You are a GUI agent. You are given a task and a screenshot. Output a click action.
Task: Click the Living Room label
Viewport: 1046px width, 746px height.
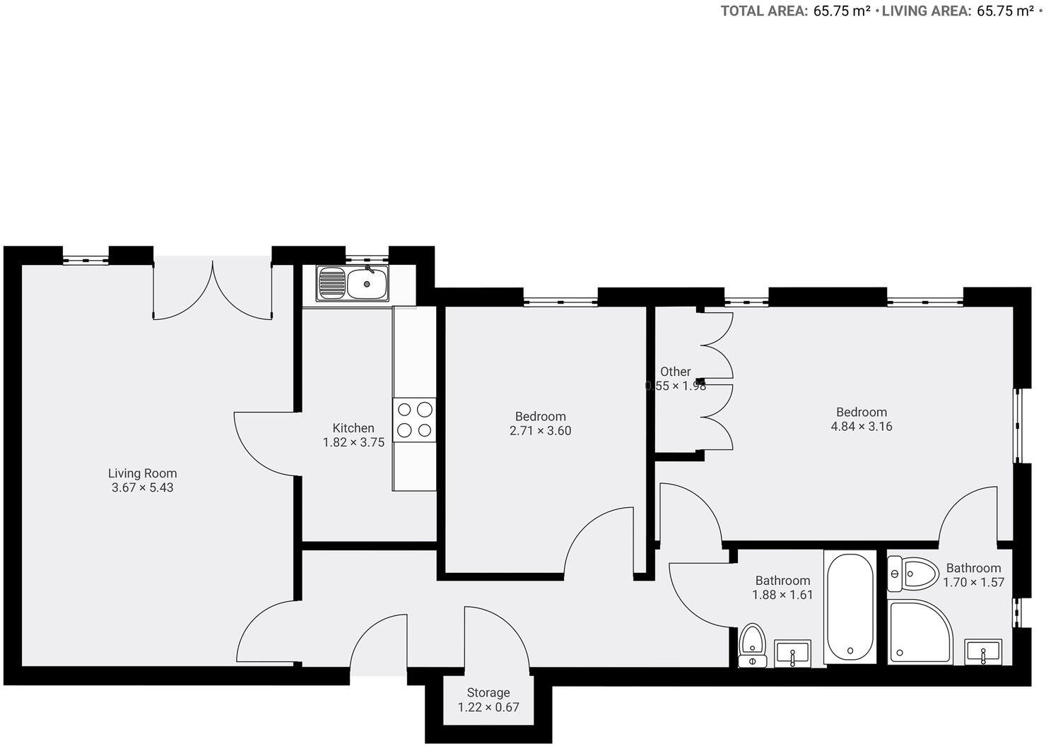(142, 473)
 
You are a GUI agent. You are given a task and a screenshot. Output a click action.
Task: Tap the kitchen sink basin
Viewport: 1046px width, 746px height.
(367, 283)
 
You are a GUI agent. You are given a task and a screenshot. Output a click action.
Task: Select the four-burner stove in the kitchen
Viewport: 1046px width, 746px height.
(414, 420)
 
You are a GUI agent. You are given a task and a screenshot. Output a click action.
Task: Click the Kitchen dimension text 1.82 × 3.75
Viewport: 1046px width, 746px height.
(353, 443)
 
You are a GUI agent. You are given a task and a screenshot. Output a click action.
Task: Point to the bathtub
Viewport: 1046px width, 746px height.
(850, 607)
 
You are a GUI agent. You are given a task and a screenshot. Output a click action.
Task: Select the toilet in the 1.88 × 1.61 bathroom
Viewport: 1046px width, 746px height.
(753, 644)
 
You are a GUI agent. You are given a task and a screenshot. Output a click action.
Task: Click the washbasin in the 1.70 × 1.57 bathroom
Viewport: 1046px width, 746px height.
(983, 652)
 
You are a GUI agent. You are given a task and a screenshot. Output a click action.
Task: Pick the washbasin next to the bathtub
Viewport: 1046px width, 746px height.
(793, 653)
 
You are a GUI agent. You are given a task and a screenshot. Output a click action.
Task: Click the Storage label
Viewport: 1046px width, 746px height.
(488, 692)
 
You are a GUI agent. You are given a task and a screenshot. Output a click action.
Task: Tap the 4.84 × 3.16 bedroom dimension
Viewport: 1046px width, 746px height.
(861, 427)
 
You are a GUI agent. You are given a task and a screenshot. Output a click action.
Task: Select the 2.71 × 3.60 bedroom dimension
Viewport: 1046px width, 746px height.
(540, 431)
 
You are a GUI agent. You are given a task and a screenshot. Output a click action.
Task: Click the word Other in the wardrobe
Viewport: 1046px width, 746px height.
(675, 372)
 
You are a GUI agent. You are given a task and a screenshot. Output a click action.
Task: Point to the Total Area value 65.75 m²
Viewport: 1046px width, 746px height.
(841, 11)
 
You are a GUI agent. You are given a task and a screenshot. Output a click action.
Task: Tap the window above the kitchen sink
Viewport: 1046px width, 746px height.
(367, 259)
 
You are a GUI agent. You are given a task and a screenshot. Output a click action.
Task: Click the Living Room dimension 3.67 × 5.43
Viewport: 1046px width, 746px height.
(142, 487)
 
